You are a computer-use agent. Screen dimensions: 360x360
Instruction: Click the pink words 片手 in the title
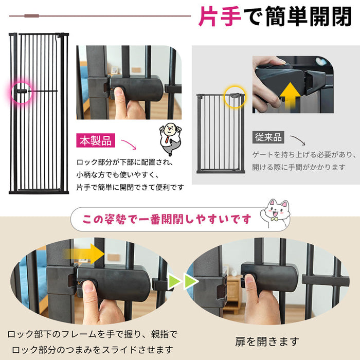pyautogui.click(x=220, y=16)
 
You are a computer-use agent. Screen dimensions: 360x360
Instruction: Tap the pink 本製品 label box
pyautogui.click(x=96, y=140)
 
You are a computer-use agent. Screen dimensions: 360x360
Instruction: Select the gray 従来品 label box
pyautogui.click(x=268, y=137)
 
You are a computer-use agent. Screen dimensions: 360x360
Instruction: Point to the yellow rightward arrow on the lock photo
pyautogui.click(x=84, y=254)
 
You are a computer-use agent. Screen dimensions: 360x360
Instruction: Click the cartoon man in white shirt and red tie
pyautogui.click(x=170, y=139)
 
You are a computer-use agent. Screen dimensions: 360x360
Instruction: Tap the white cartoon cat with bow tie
pyautogui.click(x=276, y=213)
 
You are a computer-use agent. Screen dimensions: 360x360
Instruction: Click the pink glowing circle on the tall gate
pyautogui.click(x=22, y=92)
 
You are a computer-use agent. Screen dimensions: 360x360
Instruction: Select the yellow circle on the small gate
pyautogui.click(x=235, y=97)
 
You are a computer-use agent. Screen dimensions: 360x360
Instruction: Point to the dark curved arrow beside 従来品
pyautogui.click(x=298, y=140)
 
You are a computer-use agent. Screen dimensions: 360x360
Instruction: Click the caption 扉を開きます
pyautogui.click(x=267, y=341)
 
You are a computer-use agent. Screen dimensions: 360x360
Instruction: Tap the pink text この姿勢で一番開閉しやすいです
pyautogui.click(x=167, y=219)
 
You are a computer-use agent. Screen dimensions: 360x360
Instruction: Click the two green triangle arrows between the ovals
pyautogui.click(x=183, y=281)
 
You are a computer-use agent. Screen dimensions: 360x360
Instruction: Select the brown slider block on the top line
pyautogui.click(x=32, y=16)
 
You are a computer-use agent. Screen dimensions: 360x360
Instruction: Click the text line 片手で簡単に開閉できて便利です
pyautogui.click(x=130, y=187)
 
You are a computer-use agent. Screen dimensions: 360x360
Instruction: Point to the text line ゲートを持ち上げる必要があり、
pyautogui.click(x=304, y=154)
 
